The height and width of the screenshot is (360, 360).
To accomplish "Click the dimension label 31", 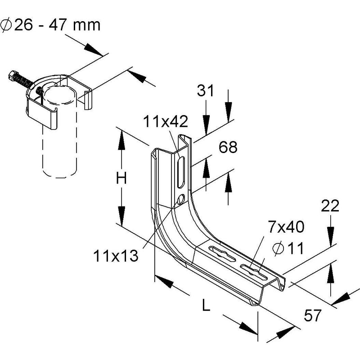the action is tap(205, 90).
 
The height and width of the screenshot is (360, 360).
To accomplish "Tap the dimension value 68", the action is tap(228, 147).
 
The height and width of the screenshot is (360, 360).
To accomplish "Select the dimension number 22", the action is tap(330, 206).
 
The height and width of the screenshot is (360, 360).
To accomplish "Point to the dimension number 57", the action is tap(312, 315).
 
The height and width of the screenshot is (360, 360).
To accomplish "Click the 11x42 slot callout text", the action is tap(166, 121).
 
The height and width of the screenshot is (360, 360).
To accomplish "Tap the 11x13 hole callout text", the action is tap(116, 256).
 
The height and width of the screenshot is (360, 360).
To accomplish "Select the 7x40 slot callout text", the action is tap(286, 227).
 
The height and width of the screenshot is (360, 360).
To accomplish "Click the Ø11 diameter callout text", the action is tap(288, 248).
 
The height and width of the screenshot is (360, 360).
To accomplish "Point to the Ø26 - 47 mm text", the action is tap(50, 25).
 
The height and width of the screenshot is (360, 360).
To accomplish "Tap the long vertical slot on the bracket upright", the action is tap(181, 172).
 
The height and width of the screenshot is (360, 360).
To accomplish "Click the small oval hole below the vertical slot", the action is tap(181, 199).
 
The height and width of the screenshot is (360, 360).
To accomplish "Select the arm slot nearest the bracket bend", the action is tap(222, 253).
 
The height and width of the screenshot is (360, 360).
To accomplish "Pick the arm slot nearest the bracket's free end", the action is tap(254, 272).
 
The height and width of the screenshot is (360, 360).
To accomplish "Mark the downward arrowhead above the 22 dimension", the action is tap(331, 236).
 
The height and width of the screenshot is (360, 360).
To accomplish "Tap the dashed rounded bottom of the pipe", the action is tap(59, 173).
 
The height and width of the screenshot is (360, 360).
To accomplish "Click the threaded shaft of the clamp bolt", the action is tap(22, 80).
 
